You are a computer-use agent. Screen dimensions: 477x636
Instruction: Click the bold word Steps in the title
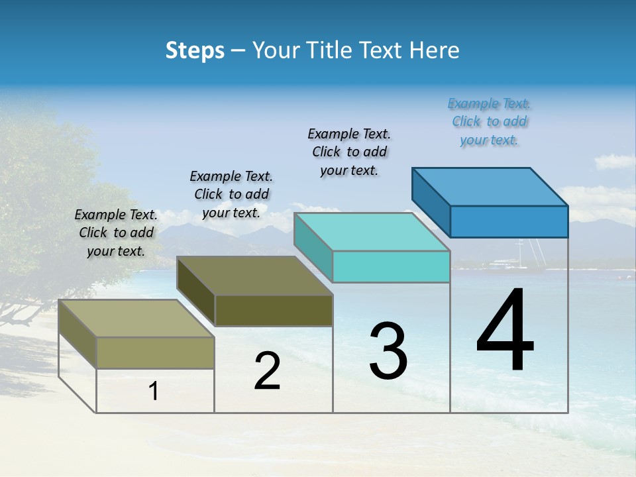point(195,50)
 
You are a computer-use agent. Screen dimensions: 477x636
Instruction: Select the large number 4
point(505,331)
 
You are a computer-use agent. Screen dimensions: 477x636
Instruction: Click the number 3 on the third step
point(388,351)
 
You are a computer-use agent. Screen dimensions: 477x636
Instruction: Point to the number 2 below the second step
point(267,371)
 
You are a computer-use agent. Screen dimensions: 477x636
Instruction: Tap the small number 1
point(153,392)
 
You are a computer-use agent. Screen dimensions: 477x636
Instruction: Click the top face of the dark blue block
point(490,187)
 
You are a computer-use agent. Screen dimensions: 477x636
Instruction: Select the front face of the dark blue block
point(509,221)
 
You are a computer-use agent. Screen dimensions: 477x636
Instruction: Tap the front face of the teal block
point(391,266)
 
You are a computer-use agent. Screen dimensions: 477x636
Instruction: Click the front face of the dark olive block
point(274,310)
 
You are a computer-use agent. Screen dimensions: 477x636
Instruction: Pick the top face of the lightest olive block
point(136,319)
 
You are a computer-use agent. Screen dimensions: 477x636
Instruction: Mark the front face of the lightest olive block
point(155,352)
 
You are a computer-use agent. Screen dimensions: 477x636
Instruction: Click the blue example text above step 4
point(489,122)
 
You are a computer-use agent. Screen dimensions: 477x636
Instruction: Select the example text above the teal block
point(349,152)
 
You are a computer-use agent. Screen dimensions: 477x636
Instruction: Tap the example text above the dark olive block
point(231,195)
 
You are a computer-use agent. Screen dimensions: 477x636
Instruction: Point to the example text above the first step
point(116,233)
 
